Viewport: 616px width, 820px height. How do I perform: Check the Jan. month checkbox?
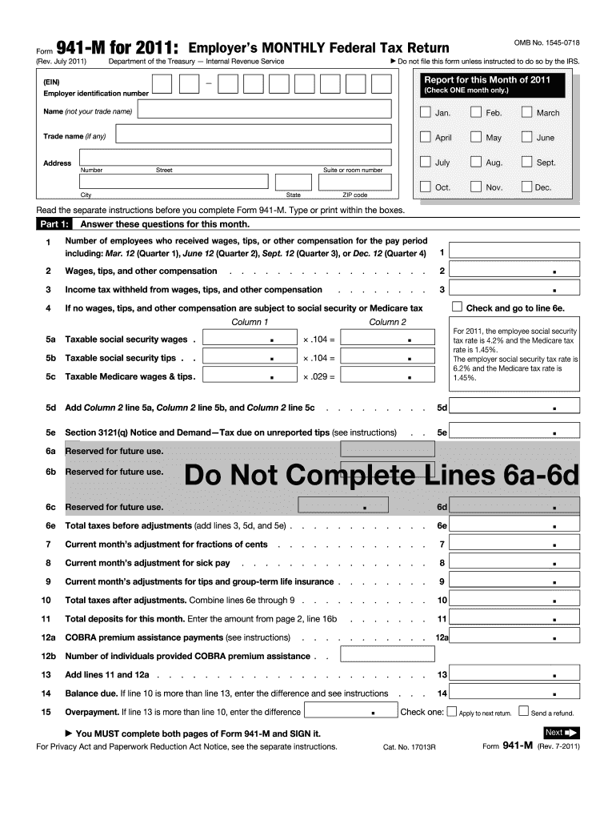pyautogui.click(x=425, y=113)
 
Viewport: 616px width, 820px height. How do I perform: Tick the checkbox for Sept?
pyautogui.click(x=526, y=163)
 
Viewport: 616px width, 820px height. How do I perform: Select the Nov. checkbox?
pyautogui.click(x=476, y=187)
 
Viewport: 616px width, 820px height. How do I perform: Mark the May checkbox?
pyautogui.click(x=476, y=138)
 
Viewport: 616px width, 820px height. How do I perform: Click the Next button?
pyautogui.click(x=561, y=732)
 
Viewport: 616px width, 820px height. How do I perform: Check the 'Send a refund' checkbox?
pyautogui.click(x=523, y=711)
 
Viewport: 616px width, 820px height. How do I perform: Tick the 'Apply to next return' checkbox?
pyautogui.click(x=452, y=711)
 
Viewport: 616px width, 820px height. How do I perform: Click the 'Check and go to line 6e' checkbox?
pyautogui.click(x=457, y=307)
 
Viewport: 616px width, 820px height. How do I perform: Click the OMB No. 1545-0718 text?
pyautogui.click(x=546, y=42)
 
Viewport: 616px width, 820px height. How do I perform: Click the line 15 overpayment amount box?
pyautogui.click(x=350, y=711)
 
